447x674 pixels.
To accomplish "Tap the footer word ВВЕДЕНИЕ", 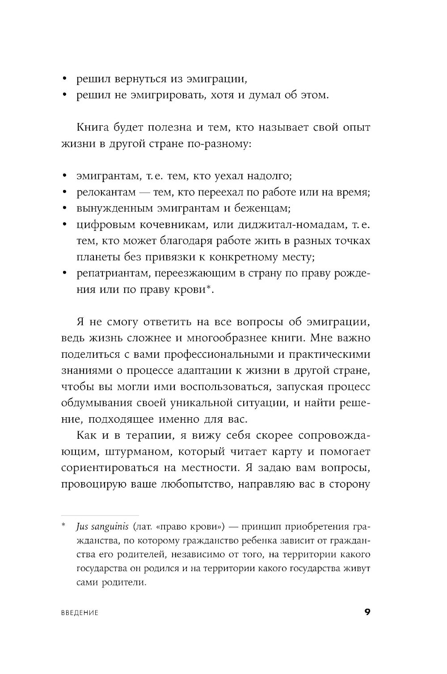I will [x=80, y=613].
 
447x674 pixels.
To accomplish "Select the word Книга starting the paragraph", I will [x=93, y=128].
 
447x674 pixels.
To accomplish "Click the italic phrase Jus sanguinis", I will [x=98, y=525].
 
